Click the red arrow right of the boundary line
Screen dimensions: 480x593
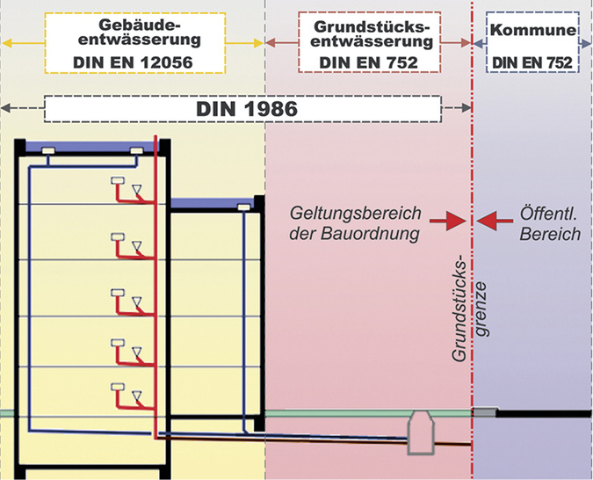tap(491, 224)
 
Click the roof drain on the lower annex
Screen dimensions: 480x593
tap(242, 207)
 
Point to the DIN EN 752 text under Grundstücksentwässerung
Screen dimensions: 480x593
tap(373, 62)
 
